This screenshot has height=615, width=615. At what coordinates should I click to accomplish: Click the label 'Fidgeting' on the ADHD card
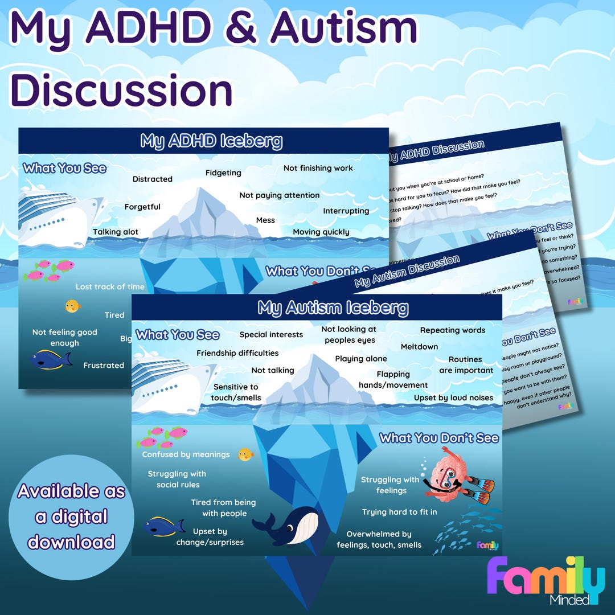tap(223, 173)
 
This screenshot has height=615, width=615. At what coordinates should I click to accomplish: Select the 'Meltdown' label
tap(419, 346)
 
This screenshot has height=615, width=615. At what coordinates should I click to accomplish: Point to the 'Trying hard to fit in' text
tap(399, 512)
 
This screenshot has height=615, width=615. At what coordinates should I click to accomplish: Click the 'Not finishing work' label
tap(318, 168)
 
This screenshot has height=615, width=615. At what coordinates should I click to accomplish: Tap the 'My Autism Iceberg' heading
tap(333, 308)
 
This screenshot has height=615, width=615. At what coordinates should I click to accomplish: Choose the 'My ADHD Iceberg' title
tap(211, 141)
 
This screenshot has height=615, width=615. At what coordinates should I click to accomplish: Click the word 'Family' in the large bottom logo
tap(546, 576)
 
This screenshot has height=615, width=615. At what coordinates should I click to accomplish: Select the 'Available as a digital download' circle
tap(71, 516)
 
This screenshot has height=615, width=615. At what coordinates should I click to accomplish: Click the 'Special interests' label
tap(271, 334)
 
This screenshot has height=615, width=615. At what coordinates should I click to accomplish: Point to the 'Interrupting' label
tap(346, 211)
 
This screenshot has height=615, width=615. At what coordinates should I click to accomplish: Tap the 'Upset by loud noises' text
tap(453, 397)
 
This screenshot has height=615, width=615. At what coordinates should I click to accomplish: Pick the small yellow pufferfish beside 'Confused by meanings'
tap(245, 454)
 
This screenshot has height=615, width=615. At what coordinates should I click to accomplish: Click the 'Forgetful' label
tap(142, 207)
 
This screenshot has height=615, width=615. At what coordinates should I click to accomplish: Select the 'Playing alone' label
tap(360, 359)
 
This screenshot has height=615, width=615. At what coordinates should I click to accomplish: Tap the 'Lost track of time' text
tap(110, 286)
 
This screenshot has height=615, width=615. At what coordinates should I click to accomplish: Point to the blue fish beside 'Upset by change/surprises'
tap(163, 526)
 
